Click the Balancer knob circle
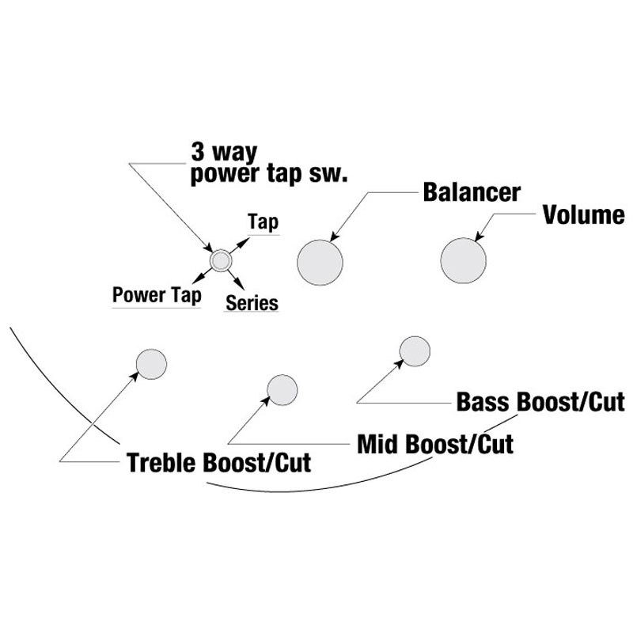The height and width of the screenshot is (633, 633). (x=321, y=260)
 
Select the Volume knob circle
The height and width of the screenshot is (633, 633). (x=463, y=260)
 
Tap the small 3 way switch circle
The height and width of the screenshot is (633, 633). (x=219, y=260)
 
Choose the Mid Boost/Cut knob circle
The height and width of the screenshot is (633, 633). (x=283, y=389)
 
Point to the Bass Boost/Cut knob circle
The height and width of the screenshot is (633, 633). (x=415, y=351)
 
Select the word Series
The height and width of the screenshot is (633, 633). (x=252, y=302)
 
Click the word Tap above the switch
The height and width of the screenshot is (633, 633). (x=263, y=222)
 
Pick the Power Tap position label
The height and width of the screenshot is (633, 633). (x=156, y=295)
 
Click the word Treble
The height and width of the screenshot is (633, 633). (x=163, y=462)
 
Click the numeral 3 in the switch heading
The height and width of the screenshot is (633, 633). (x=199, y=152)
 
